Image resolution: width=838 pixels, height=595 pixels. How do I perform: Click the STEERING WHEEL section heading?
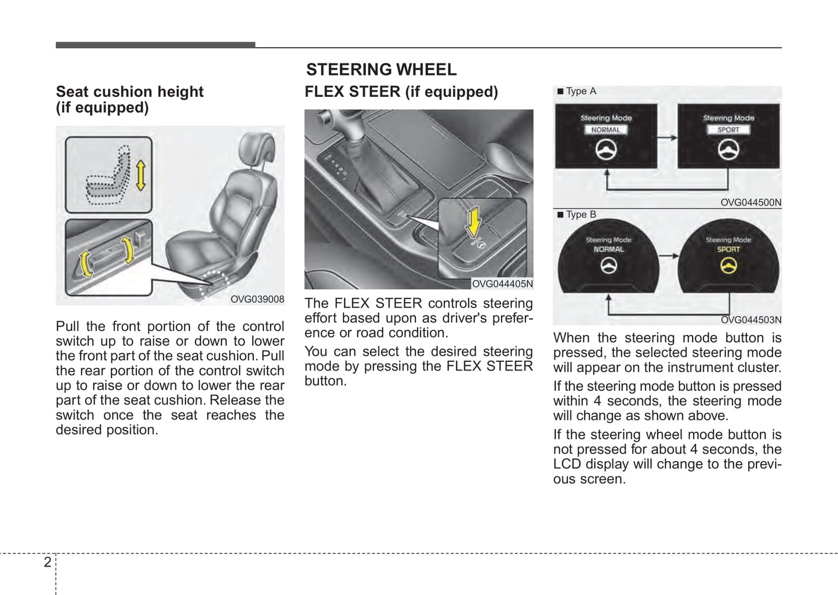pos(381,70)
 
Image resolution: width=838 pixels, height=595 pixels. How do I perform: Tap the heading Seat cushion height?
pos(129,92)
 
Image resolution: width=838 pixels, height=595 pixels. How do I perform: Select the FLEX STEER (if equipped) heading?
pos(401,92)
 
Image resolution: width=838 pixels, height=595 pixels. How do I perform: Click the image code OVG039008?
pos(257,299)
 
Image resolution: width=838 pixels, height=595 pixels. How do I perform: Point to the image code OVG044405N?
pos(502,284)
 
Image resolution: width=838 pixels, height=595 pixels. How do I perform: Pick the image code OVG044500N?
pos(750,202)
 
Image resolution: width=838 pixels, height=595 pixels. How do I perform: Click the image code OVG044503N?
pos(750,320)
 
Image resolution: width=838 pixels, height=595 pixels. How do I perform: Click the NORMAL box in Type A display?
pos(605,130)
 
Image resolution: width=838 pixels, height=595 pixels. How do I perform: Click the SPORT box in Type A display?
pos(728,130)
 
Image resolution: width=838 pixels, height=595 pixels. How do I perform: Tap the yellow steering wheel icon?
pos(728,266)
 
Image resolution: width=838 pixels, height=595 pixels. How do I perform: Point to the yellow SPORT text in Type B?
pos(728,249)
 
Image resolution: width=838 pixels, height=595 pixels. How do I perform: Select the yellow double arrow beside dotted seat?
pos(140,176)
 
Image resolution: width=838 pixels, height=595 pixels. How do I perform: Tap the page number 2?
pos(48,562)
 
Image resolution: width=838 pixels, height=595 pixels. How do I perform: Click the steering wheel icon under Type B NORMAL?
pos(608,266)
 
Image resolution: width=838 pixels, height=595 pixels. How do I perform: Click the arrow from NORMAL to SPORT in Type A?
pos(667,137)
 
